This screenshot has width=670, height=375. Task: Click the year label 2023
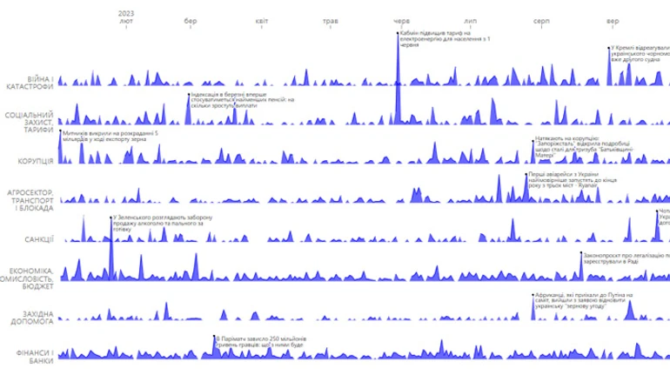[127, 12]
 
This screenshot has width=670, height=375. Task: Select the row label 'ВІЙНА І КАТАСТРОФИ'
[30, 83]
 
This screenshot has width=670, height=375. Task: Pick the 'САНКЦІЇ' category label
[40, 238]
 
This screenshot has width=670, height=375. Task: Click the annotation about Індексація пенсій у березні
[244, 101]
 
